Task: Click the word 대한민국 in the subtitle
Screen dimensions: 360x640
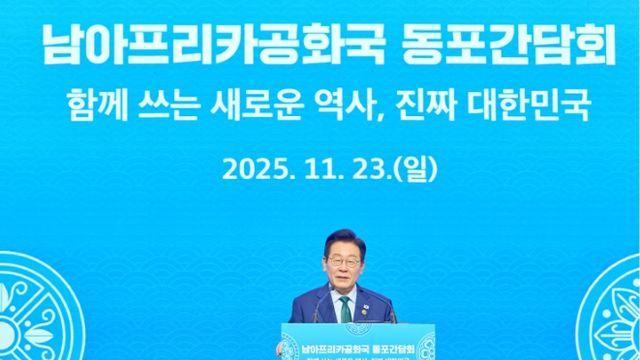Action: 527,103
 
